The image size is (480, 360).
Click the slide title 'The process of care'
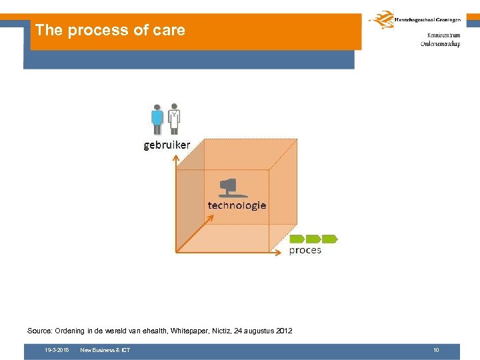[x=110, y=30]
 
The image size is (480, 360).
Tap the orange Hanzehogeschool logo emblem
[x=381, y=20]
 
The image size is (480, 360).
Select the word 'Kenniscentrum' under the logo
[x=440, y=35]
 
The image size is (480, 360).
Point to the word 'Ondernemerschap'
[x=440, y=44]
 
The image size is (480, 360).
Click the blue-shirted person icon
[x=157, y=119]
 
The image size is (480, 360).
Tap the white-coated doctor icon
[x=174, y=119]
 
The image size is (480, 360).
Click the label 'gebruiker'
[x=167, y=145]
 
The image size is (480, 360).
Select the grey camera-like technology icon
[x=228, y=187]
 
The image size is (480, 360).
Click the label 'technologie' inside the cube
[x=237, y=205]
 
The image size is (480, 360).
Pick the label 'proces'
[x=305, y=250]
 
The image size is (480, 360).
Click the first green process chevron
[x=297, y=238]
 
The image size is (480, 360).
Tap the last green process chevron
[x=330, y=238]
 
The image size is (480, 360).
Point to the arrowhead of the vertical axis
[x=175, y=158]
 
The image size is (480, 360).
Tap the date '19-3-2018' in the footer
[x=57, y=350]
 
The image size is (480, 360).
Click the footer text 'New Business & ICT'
[x=105, y=350]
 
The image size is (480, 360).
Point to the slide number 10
[x=436, y=350]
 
